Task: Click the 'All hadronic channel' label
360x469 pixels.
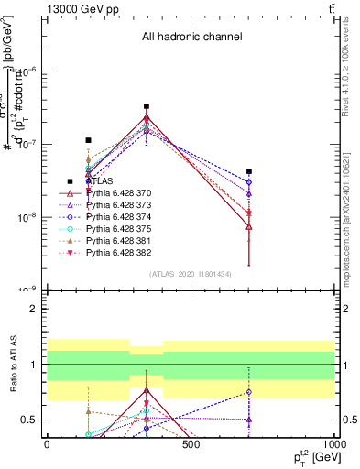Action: [x=191, y=38]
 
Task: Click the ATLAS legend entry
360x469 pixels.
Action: [x=99, y=180]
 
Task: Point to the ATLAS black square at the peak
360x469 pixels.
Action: [x=147, y=106]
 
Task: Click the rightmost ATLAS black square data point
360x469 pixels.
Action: [x=249, y=171]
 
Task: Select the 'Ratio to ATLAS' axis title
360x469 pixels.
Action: [x=13, y=365]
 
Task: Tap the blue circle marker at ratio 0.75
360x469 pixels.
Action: [x=249, y=392]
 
